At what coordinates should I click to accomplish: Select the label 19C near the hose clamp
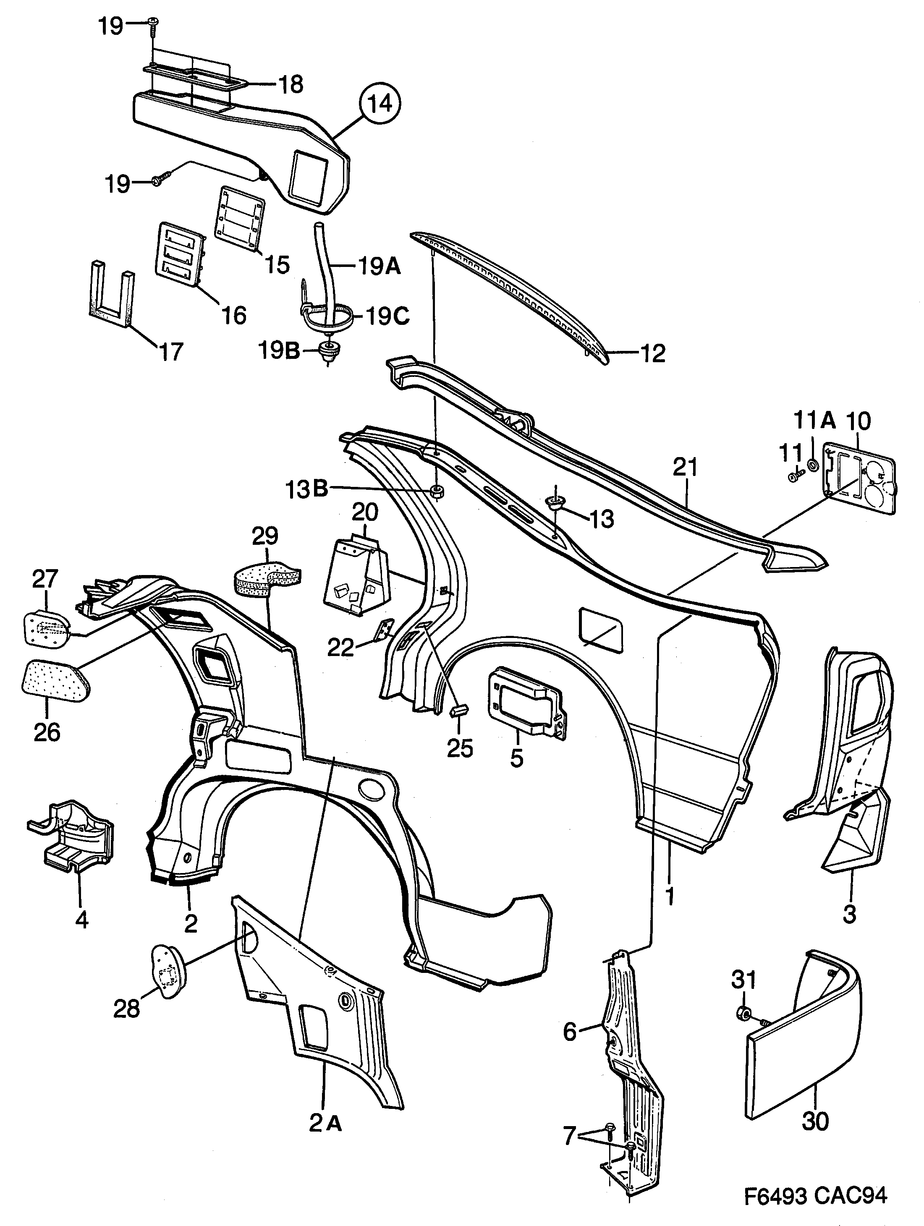click(x=387, y=317)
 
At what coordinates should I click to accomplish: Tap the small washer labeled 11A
click(x=813, y=463)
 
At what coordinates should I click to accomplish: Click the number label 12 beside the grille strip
click(x=652, y=353)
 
